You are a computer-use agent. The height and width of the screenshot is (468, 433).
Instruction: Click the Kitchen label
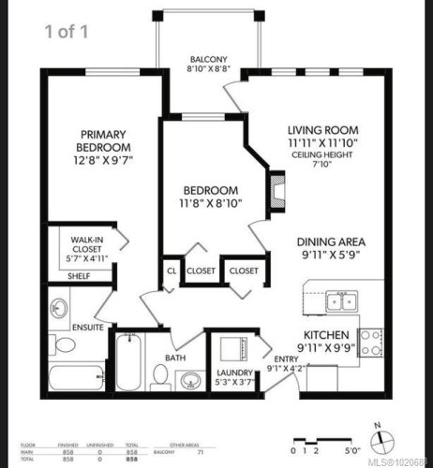[x=325, y=335]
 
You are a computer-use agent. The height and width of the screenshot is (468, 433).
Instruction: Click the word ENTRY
[x=286, y=358]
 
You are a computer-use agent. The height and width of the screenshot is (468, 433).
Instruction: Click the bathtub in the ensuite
[x=75, y=380]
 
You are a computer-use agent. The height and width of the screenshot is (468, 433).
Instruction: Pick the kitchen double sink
[x=338, y=301]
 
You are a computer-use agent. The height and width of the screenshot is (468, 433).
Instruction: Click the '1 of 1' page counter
[x=67, y=32]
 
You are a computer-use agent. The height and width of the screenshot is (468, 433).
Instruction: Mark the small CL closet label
[x=171, y=271]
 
